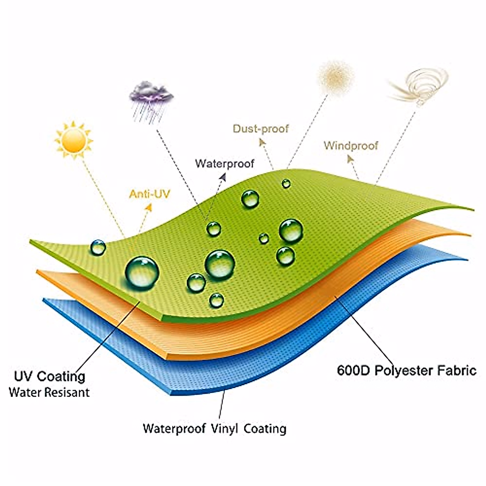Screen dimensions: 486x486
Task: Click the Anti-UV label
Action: [149, 194]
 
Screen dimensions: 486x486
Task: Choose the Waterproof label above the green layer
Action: [224, 164]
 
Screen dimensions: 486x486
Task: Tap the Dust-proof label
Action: [260, 129]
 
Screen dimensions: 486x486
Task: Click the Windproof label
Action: [351, 145]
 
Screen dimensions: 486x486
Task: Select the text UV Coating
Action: [49, 376]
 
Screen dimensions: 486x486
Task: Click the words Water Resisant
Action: [49, 392]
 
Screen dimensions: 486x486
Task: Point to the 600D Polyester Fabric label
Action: [406, 371]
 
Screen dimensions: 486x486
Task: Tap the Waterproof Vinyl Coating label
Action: [214, 428]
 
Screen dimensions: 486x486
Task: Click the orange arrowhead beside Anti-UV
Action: [149, 207]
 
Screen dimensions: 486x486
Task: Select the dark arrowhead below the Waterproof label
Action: [222, 177]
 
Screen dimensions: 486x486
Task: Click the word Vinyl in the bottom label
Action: [224, 428]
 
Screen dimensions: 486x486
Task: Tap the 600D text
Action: [353, 371]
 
